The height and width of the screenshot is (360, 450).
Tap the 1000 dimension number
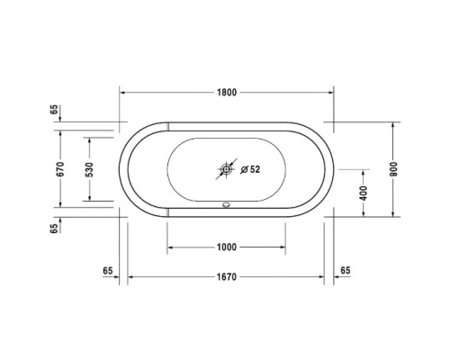point(227,247)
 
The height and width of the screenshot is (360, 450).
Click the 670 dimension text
point(60,168)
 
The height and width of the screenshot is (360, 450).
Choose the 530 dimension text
point(90,168)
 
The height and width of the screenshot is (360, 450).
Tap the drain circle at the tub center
point(227,169)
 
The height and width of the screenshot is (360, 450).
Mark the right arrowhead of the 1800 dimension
point(329,93)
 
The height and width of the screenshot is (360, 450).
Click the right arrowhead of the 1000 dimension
point(283,247)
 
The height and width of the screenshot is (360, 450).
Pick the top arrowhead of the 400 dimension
point(364,171)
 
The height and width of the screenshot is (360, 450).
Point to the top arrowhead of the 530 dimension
point(90,140)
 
